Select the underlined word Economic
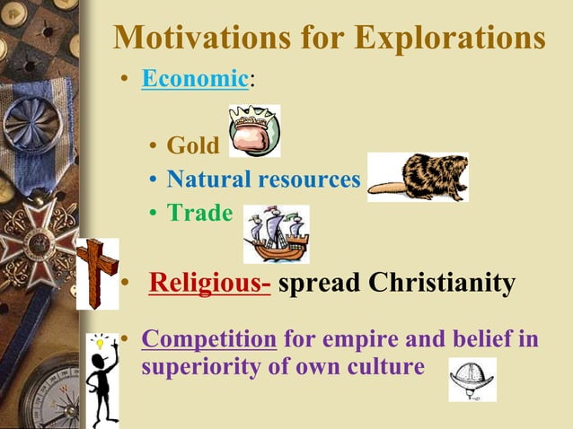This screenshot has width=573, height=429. click(x=194, y=79)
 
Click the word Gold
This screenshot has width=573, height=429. click(x=192, y=145)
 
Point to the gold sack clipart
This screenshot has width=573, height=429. click(x=254, y=132)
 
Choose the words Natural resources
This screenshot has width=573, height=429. click(x=263, y=179)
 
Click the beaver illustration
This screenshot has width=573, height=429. click(x=418, y=178)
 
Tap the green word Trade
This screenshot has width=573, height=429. click(x=199, y=214)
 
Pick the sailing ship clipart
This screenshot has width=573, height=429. click(x=276, y=234)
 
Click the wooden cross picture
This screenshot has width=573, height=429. click(x=97, y=273)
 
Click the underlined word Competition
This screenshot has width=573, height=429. click(x=208, y=341)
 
